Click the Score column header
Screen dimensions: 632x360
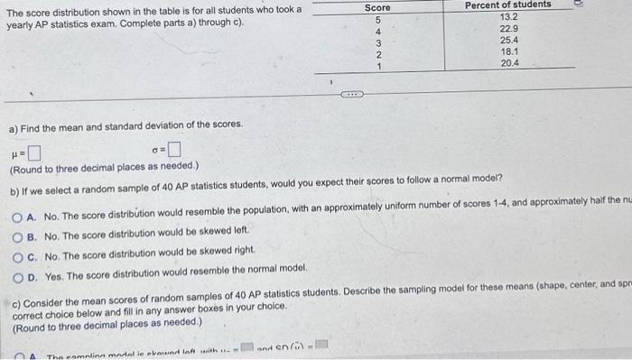coord(377,7)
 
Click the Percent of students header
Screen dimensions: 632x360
coord(507,5)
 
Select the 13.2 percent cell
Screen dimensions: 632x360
coord(508,17)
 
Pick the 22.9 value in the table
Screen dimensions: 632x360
coord(508,29)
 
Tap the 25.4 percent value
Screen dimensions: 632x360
coord(508,41)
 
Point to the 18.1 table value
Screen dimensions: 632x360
coord(508,52)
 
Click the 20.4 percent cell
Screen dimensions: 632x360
coord(508,64)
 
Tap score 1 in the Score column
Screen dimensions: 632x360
coord(378,66)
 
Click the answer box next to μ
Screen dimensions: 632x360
coord(33,151)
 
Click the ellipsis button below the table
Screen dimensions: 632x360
coord(351,92)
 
